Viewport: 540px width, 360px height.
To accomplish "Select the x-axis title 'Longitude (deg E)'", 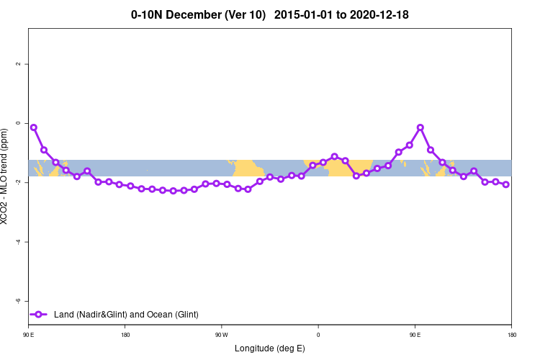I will tap(270, 348).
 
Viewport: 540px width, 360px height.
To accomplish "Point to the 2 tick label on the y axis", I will tap(17, 64).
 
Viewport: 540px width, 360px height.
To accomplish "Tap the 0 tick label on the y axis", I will tap(17, 123).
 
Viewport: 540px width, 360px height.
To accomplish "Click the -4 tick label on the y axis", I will tap(17, 241).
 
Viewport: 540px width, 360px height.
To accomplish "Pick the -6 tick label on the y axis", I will tap(17, 300).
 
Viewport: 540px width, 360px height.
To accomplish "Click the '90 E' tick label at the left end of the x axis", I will tap(29, 334).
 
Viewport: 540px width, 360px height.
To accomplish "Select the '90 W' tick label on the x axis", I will tap(222, 334).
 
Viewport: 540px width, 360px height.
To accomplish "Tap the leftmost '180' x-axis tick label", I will tap(125, 334).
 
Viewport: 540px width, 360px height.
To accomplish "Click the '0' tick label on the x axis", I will tap(318, 334).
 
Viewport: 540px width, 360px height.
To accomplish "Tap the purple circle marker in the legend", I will tap(40, 315).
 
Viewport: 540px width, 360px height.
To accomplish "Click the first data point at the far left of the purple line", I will tap(34, 127).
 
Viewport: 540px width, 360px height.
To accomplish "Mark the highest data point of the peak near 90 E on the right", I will tap(420, 127).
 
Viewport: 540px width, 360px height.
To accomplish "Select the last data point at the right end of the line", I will tap(506, 184).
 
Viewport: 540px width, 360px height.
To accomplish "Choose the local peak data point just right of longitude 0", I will tap(334, 156).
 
